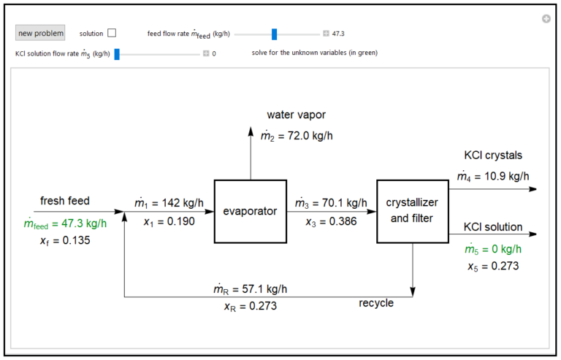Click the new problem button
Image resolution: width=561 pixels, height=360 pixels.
coord(41,33)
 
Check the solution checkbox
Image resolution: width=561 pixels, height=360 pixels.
coord(112,33)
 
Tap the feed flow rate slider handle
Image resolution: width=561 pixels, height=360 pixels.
coord(275,34)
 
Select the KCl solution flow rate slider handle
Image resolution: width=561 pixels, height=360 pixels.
coord(117,53)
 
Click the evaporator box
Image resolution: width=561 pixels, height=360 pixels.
coord(251,211)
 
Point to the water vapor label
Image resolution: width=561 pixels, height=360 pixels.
coord(296,115)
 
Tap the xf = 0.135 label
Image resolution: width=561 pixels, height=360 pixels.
coord(65,240)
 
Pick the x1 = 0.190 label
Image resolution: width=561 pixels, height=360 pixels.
coord(164,221)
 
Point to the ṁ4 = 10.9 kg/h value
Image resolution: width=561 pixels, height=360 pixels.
coord(492,177)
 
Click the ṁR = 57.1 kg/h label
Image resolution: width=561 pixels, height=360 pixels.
coord(251,289)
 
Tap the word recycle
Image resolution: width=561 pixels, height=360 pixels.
coord(376,302)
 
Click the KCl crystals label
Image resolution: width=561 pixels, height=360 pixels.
coord(493,156)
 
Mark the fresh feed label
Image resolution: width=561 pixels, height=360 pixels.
coord(65,201)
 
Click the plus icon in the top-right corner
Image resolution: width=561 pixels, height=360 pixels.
coord(546,19)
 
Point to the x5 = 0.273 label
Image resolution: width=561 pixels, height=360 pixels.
coord(493,266)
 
